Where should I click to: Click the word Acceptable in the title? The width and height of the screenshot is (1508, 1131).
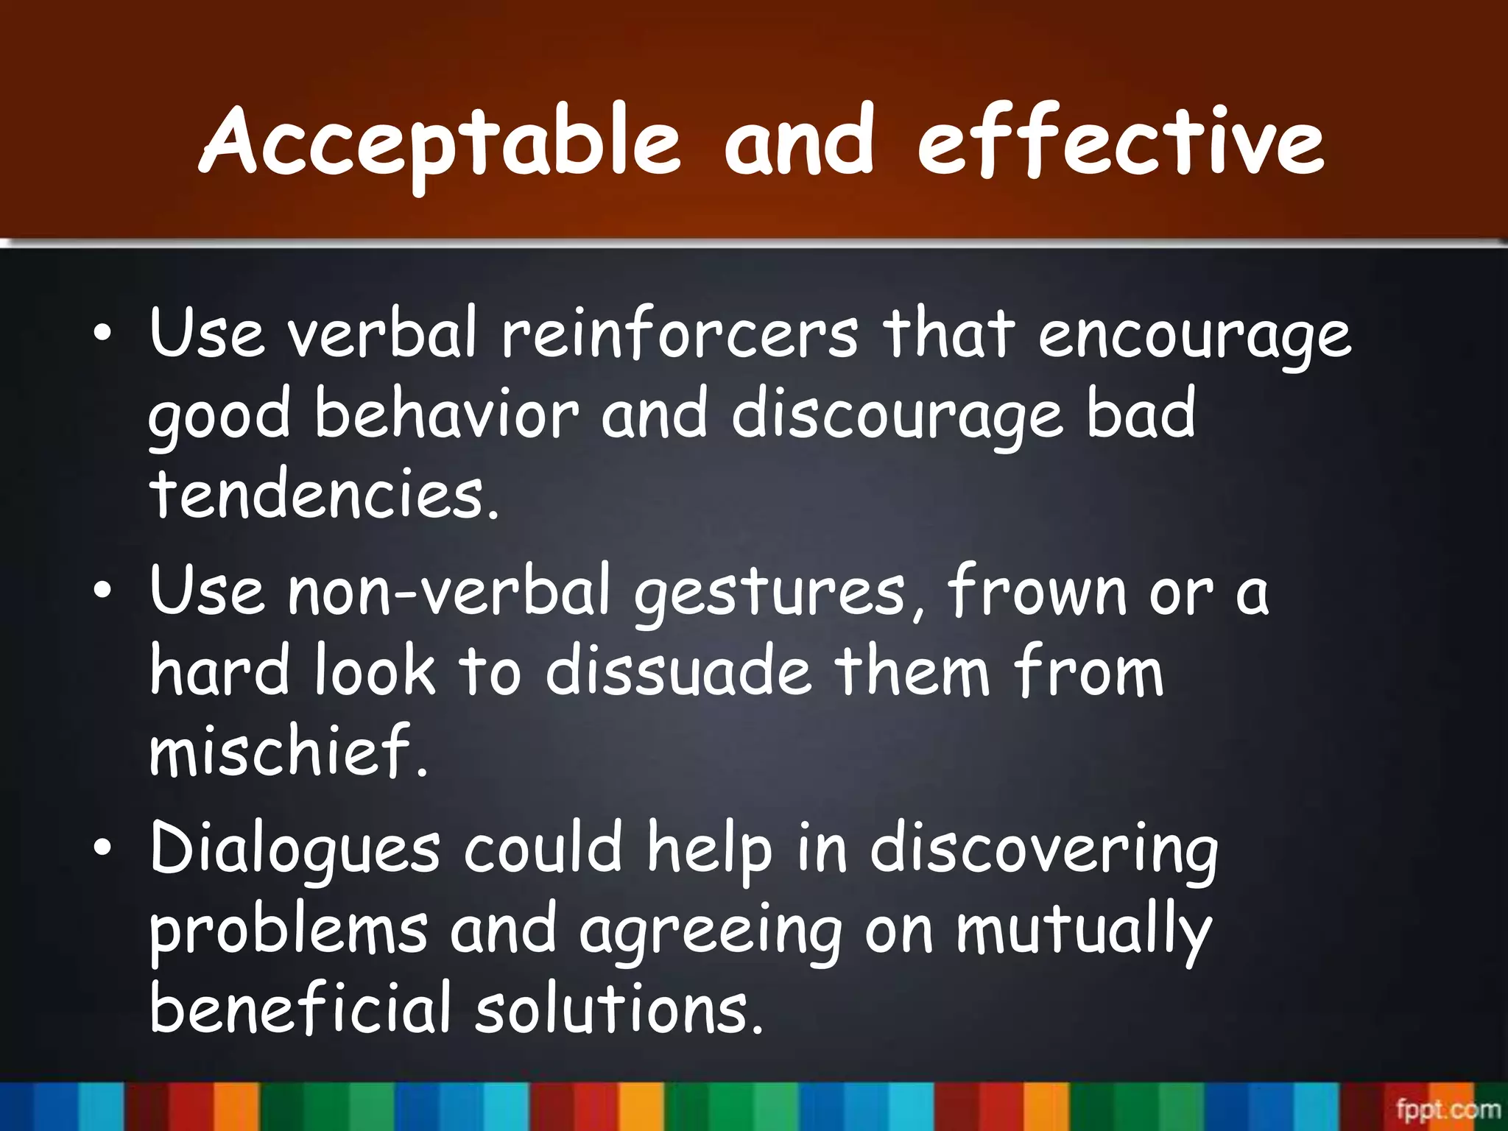coord(440,144)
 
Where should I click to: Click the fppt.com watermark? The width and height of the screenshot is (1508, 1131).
coord(1447,1109)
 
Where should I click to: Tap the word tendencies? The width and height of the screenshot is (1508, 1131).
coord(324,494)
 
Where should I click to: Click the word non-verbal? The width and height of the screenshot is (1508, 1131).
coord(449,591)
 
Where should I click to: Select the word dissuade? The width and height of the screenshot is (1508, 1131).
coord(678,671)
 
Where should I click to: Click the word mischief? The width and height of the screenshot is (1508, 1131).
coord(287,750)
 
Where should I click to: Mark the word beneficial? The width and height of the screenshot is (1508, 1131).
coord(299,1009)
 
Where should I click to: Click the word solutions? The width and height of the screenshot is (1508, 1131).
coord(619,1009)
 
